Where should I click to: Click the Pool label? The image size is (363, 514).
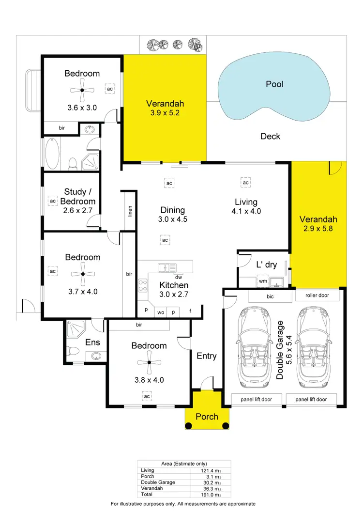click(274, 84)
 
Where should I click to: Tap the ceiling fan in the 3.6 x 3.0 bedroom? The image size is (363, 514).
click(82, 90)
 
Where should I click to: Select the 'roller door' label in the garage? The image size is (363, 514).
click(318, 295)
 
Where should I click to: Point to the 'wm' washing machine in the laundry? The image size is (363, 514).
click(263, 280)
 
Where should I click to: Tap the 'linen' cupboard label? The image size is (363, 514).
click(130, 211)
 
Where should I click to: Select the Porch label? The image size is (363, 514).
click(207, 417)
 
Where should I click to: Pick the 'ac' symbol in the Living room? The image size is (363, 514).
click(245, 183)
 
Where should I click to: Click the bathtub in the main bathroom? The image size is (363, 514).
click(52, 154)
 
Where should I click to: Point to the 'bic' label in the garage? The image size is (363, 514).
click(270, 295)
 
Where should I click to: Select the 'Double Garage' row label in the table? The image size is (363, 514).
click(158, 483)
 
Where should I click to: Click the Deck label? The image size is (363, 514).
click(270, 137)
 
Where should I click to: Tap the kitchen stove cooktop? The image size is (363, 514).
click(143, 286)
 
